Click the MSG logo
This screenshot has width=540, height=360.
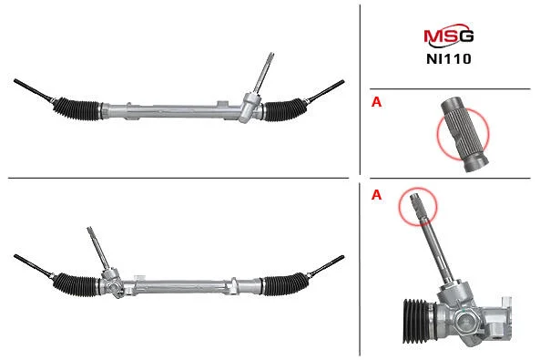point(448,36)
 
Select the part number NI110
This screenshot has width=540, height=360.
point(449,59)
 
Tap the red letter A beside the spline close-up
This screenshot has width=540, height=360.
point(376,102)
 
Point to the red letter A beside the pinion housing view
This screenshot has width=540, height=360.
point(376,195)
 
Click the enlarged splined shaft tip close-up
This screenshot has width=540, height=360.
point(464,135)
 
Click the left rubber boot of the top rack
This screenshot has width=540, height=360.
point(76,108)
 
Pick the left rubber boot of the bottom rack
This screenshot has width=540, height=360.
point(76,284)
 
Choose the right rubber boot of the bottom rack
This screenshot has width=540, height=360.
point(284,285)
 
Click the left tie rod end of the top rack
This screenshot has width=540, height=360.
point(33,90)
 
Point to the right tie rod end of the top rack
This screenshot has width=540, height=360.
point(325,91)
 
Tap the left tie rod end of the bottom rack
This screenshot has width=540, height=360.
point(33,266)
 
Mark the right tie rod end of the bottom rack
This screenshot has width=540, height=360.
point(325,266)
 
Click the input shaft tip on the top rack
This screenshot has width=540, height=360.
point(270,56)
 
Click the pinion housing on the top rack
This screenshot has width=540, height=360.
point(250,108)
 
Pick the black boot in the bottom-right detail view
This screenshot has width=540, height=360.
point(416,321)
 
